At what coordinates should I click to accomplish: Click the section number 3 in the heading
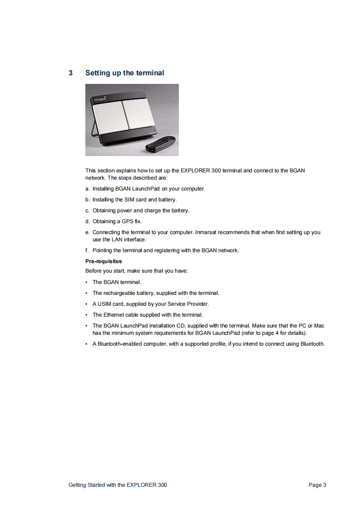coord(70,73)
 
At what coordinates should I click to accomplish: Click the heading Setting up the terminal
coord(124,73)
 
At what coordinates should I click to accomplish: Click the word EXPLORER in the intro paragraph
coord(195,171)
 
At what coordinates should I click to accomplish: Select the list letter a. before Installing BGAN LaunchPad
coord(88,189)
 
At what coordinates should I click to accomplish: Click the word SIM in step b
coord(130,200)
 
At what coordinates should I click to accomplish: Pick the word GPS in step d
coord(127,221)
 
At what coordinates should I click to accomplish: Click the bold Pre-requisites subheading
coord(104,261)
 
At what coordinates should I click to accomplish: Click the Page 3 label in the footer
coord(317,485)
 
